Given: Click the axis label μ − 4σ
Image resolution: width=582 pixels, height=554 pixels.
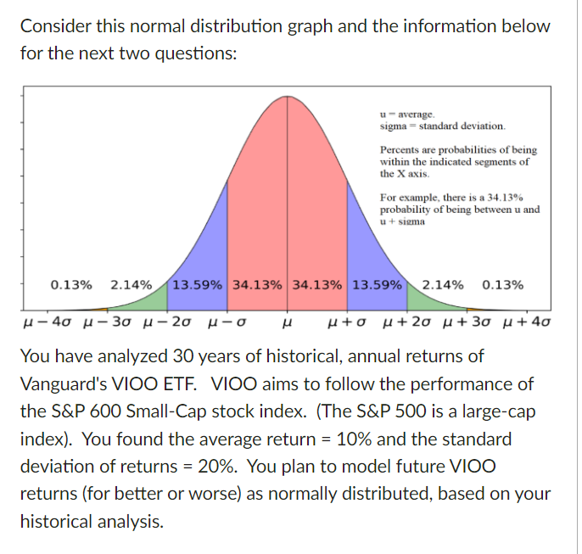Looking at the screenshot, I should pyautogui.click(x=49, y=323).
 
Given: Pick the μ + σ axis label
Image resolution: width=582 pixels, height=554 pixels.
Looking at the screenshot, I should pyautogui.click(x=349, y=323).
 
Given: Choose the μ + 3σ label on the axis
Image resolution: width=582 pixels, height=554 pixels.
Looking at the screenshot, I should pyautogui.click(x=462, y=323).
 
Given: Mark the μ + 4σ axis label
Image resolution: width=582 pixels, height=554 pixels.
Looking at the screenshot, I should pyautogui.click(x=518, y=323).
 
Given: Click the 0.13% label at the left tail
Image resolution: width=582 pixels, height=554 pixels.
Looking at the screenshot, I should pyautogui.click(x=71, y=284).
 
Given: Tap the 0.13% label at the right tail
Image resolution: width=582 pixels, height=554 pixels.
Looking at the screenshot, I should pyautogui.click(x=502, y=284).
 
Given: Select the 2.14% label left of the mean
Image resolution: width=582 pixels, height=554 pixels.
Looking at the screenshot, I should pyautogui.click(x=132, y=284).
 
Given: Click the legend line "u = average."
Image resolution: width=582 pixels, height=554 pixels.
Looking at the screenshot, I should pyautogui.click(x=407, y=113).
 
